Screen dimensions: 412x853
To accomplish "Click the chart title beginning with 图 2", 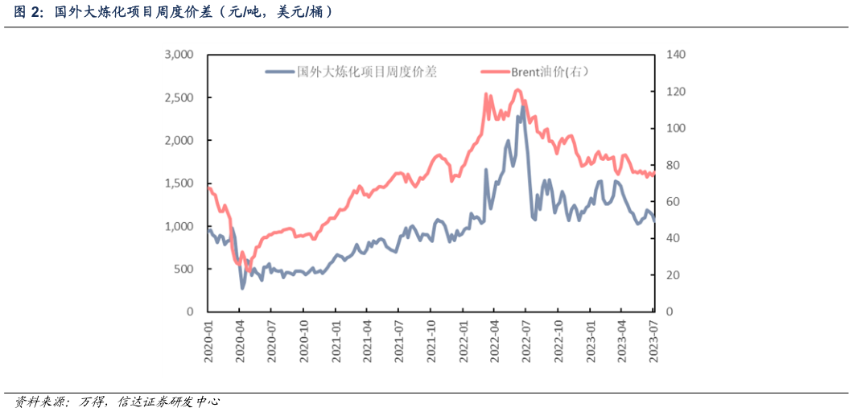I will (x=174, y=12).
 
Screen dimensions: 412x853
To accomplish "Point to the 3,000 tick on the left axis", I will (x=179, y=55).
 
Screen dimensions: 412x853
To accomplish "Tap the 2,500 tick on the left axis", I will (x=179, y=97).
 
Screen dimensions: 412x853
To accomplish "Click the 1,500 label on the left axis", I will (x=179, y=183).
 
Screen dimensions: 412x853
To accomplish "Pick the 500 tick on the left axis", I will (x=183, y=269).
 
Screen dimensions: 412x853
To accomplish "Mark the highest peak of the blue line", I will (x=523, y=106).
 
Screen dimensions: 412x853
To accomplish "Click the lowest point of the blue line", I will (x=242, y=288).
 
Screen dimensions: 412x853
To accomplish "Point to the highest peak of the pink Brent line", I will (x=517, y=89).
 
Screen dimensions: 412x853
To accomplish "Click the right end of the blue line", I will (x=654, y=221).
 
